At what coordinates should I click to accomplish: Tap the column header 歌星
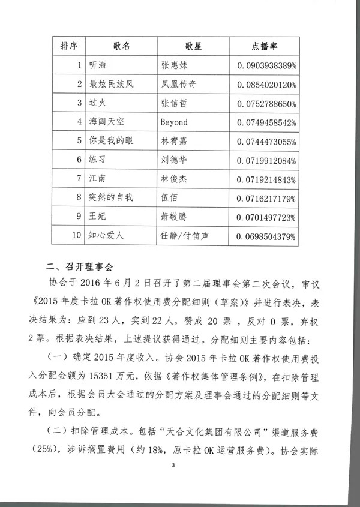pos(190,46)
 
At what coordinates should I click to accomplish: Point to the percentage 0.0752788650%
pos(266,103)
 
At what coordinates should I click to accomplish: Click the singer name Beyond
pos(175,122)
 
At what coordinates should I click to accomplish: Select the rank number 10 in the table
pos(76,236)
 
